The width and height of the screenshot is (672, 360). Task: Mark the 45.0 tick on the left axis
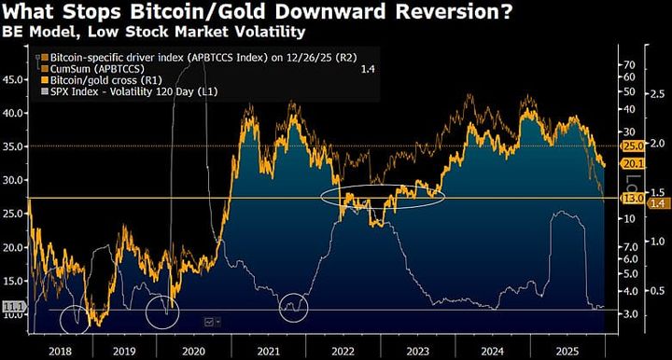point(14,78)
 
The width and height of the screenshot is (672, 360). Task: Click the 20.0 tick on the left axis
point(14,247)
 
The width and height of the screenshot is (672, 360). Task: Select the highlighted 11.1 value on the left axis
point(13,306)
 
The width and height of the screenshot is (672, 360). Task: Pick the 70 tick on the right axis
point(630,64)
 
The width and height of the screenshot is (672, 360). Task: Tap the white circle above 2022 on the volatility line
point(294,306)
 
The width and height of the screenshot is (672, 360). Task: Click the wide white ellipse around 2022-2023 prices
point(382,196)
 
